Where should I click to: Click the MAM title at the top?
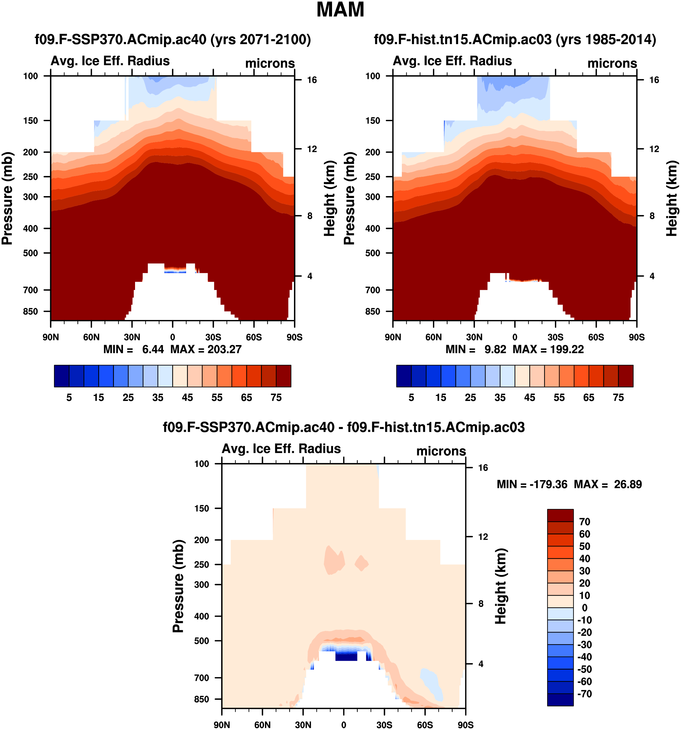click(340, 10)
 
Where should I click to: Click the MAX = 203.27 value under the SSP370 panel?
click(206, 349)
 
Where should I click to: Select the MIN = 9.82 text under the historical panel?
click(476, 349)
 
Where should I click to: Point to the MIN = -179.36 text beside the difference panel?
click(532, 484)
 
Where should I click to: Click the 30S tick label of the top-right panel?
click(555, 337)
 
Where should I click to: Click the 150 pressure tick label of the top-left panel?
click(31, 121)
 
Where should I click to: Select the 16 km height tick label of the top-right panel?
click(654, 80)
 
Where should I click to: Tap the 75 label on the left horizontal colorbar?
click(276, 398)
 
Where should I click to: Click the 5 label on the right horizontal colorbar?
click(411, 398)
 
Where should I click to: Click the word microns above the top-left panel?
click(270, 63)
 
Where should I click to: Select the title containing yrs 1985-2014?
click(515, 39)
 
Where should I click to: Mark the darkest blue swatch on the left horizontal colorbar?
click(61, 376)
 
